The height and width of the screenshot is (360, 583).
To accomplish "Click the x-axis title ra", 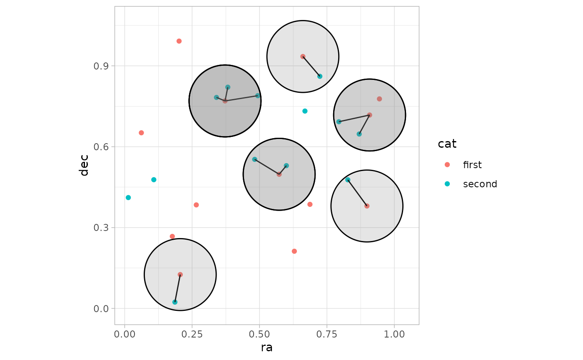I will pyautogui.click(x=267, y=348).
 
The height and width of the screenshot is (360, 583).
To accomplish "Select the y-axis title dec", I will pyautogui.click(x=84, y=165).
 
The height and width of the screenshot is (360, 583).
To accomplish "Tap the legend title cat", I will pyautogui.click(x=447, y=144).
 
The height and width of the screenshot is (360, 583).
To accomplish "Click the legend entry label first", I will pyautogui.click(x=472, y=165).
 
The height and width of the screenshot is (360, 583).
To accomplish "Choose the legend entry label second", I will pyautogui.click(x=480, y=184).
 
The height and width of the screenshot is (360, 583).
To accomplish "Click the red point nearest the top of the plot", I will pyautogui.click(x=179, y=41).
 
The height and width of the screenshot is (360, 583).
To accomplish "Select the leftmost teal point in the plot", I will pyautogui.click(x=128, y=198).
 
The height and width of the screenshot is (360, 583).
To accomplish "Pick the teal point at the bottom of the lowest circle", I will pyautogui.click(x=175, y=302).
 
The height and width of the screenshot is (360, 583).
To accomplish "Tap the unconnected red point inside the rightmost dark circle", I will pyautogui.click(x=379, y=99).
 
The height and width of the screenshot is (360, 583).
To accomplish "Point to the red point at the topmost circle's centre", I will pyautogui.click(x=303, y=57).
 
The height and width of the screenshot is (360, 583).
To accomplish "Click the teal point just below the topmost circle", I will pyautogui.click(x=305, y=111).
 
